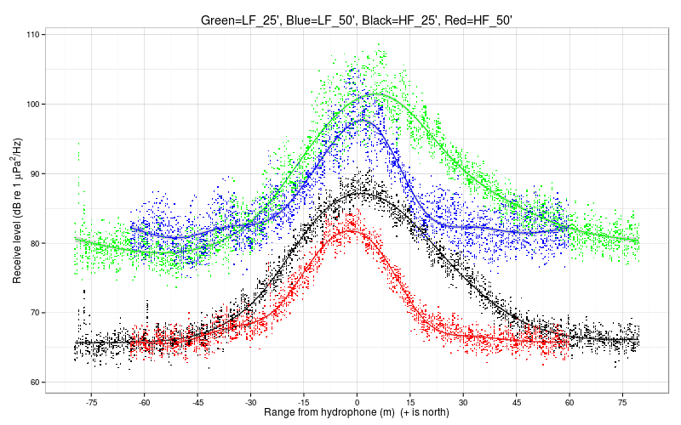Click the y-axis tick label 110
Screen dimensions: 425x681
pyautogui.click(x=33, y=35)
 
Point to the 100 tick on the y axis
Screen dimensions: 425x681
pyautogui.click(x=33, y=105)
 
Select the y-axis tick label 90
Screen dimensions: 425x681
pyautogui.click(x=35, y=173)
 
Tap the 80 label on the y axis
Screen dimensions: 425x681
pyautogui.click(x=35, y=243)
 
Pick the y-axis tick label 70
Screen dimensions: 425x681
pyautogui.click(x=35, y=313)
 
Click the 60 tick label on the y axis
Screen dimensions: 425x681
pyautogui.click(x=35, y=382)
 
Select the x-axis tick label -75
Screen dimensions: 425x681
pyautogui.click(x=91, y=402)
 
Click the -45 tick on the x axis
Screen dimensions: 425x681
pyautogui.click(x=197, y=402)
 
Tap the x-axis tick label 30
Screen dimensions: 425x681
pyautogui.click(x=463, y=402)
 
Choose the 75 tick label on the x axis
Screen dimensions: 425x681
pyautogui.click(x=622, y=402)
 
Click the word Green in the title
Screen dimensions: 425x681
pyautogui.click(x=220, y=19)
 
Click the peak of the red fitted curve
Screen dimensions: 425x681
pyautogui.click(x=350, y=230)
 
